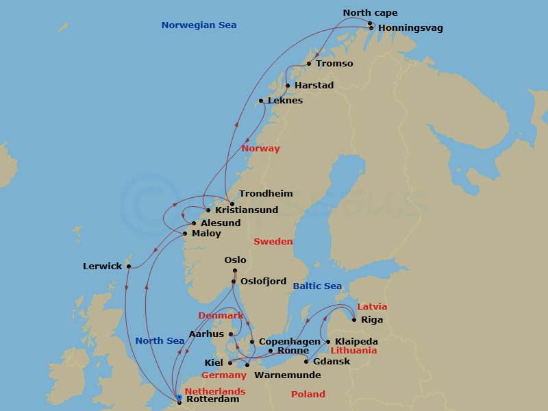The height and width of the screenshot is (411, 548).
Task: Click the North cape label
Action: tap(370, 13)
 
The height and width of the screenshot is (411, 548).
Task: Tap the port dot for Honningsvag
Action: tap(371, 28)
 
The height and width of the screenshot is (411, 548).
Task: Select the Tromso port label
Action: tap(334, 64)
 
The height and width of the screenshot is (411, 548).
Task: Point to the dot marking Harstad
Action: tap(288, 86)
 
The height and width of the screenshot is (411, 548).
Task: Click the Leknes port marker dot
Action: tap(261, 101)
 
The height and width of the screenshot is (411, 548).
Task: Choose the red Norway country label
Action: tap(260, 149)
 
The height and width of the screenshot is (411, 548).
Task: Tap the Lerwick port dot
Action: tap(128, 266)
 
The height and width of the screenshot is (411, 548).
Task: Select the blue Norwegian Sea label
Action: tap(199, 25)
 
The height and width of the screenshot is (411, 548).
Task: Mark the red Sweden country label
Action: tap(273, 242)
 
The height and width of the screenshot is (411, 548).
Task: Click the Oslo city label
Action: tap(235, 260)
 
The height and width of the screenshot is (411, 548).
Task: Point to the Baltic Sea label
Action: tap(317, 286)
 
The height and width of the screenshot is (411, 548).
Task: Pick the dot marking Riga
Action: tap(354, 319)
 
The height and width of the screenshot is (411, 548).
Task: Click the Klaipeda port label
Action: tap(356, 341)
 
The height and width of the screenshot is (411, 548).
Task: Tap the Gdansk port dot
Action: tap(306, 361)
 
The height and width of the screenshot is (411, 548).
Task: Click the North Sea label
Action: tap(160, 341)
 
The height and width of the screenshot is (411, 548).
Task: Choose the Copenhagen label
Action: tap(289, 341)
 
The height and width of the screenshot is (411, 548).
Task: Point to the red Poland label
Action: tap(308, 395)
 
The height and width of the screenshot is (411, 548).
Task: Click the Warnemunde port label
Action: tap(287, 375)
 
